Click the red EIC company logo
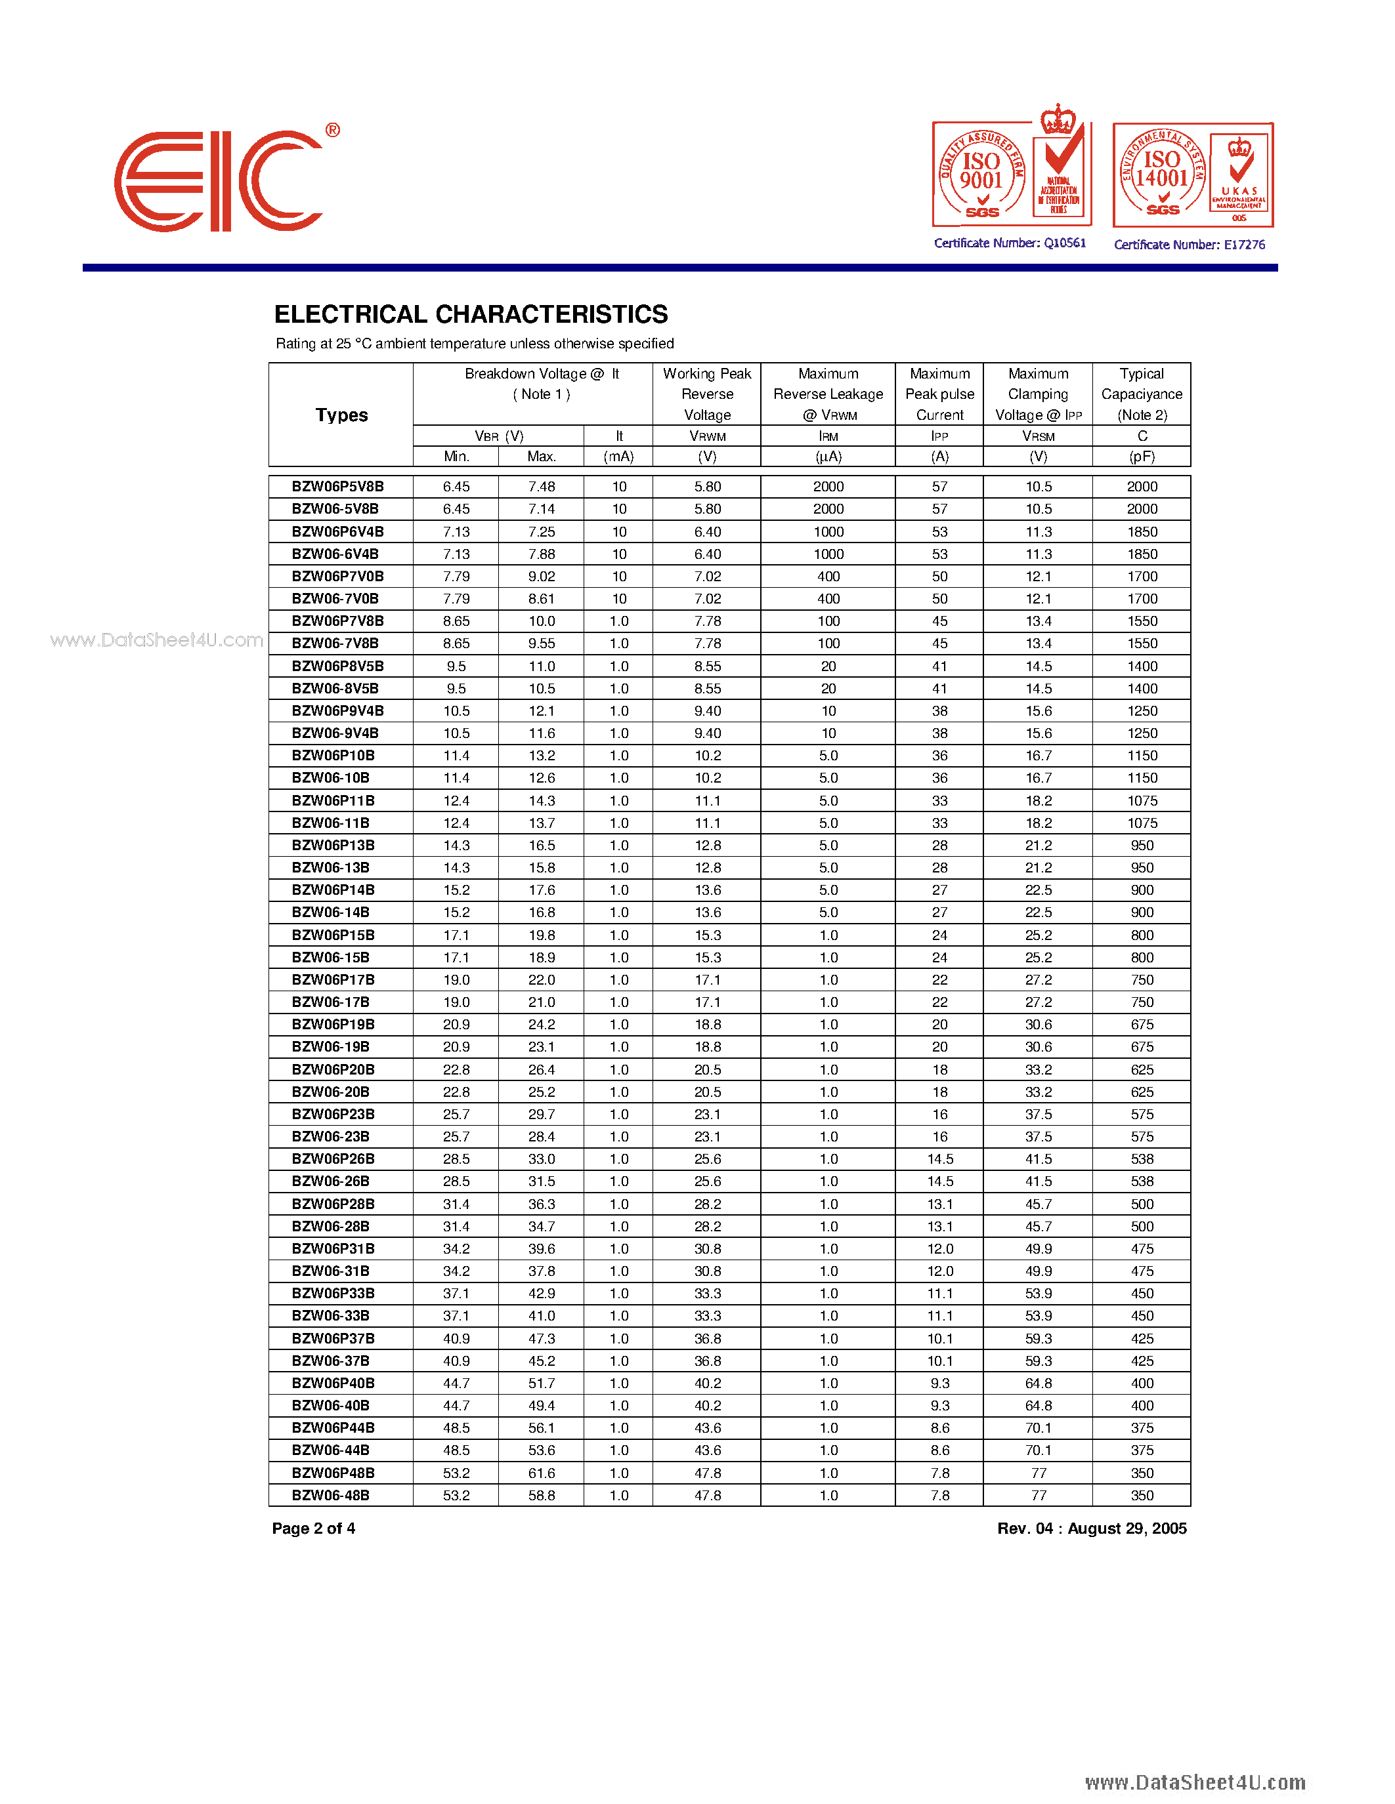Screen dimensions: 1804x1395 click(x=219, y=181)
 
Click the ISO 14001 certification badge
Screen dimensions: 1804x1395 click(x=1193, y=175)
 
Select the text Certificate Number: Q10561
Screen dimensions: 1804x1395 click(x=1010, y=243)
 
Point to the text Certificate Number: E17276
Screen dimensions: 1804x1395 click(x=1190, y=245)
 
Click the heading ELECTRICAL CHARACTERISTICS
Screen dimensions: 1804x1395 click(x=471, y=315)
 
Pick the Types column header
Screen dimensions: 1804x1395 click(x=341, y=415)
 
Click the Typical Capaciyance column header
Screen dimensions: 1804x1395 click(x=1142, y=394)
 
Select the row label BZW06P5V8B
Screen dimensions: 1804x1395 click(x=337, y=487)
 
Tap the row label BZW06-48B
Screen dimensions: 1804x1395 click(x=331, y=1495)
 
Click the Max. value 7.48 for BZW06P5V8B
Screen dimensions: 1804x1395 click(x=542, y=487)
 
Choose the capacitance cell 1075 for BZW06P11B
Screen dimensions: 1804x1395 click(x=1142, y=800)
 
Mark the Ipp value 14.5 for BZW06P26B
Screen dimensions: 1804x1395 click(x=939, y=1159)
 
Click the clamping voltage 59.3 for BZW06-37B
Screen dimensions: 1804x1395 click(x=1038, y=1361)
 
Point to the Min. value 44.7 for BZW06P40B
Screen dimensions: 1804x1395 click(x=456, y=1383)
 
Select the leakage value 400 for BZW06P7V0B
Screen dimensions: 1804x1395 click(x=828, y=577)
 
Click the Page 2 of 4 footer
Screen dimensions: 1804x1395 click(x=313, y=1528)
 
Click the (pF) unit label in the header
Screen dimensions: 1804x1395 click(x=1142, y=457)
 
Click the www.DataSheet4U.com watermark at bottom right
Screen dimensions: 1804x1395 click(x=1195, y=1782)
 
